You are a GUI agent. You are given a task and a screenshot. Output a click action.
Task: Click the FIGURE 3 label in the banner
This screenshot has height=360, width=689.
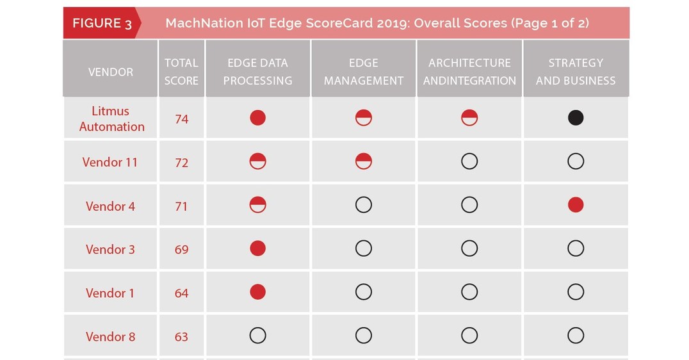(102, 24)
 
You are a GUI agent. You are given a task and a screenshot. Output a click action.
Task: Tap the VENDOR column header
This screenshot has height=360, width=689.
(111, 72)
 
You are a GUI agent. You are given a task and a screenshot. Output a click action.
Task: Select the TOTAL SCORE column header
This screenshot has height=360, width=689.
(181, 72)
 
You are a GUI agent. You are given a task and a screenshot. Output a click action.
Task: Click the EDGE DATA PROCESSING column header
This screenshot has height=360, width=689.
(257, 72)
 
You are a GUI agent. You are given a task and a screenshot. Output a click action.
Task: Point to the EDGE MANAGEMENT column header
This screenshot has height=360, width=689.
(363, 72)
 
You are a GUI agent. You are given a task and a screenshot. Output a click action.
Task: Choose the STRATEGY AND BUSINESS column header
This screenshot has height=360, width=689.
(575, 72)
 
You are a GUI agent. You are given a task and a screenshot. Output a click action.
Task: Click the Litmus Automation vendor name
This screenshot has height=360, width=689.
(111, 119)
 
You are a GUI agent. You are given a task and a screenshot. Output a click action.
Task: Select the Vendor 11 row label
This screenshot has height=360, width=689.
(110, 162)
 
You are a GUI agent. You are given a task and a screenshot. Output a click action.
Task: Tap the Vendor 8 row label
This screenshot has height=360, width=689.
(110, 336)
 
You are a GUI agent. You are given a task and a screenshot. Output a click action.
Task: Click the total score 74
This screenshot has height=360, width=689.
(182, 119)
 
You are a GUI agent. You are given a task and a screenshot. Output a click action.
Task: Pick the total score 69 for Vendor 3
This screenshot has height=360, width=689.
(182, 249)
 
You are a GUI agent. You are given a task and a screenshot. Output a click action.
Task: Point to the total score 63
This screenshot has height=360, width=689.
(182, 336)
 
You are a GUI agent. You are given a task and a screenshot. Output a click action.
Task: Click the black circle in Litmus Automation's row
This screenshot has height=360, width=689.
(576, 118)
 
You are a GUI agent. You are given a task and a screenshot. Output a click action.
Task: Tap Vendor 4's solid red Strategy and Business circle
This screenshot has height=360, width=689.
(576, 205)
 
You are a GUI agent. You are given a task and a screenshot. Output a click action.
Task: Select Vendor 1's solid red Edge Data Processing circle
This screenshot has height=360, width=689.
(257, 292)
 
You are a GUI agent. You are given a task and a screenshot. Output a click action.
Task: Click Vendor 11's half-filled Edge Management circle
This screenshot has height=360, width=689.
(364, 161)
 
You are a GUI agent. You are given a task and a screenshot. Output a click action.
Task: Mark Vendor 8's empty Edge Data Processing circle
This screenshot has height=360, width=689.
(257, 336)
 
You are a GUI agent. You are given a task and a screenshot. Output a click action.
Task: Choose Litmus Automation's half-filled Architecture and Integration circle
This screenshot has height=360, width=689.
(469, 118)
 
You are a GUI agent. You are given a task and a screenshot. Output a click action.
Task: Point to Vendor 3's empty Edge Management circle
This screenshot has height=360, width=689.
(364, 249)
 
